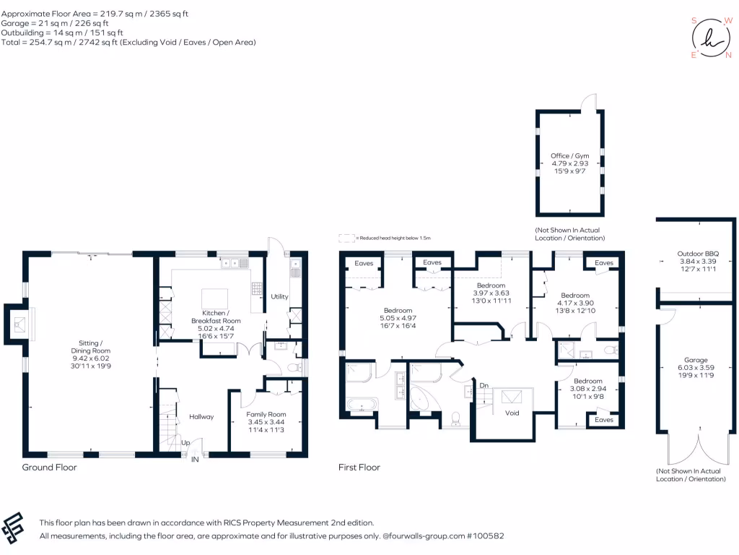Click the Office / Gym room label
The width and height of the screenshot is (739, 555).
569,155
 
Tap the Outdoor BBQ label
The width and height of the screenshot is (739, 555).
691,253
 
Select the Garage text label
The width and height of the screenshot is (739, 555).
696,359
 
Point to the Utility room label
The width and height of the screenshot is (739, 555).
279,297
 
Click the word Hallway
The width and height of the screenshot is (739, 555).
202,417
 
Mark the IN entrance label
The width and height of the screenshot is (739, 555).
194,459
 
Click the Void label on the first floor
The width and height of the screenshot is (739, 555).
512,413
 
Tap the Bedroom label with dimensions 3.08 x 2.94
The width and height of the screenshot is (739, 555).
587,381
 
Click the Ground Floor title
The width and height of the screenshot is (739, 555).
49,468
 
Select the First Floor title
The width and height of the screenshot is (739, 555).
359,468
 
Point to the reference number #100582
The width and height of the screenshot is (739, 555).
484,536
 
